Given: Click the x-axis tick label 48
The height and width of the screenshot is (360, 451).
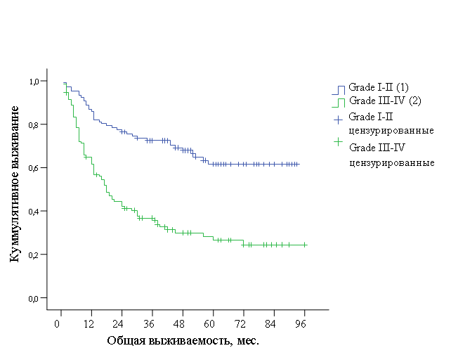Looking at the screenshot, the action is [178, 324].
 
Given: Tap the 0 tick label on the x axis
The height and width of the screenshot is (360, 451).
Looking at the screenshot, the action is [57, 324].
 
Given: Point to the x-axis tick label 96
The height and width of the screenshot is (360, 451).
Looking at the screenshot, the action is [300, 324].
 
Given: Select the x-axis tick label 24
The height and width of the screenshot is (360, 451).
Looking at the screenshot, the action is [118, 324].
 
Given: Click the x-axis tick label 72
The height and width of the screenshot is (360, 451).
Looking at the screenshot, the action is [240, 324].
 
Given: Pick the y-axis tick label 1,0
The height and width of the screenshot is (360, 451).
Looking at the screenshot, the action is [34, 82].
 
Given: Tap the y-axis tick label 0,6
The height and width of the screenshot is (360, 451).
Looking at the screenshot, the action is [33, 168].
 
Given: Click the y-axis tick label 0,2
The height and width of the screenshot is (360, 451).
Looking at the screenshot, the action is [33, 255].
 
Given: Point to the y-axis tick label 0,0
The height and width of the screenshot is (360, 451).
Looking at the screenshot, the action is [33, 299].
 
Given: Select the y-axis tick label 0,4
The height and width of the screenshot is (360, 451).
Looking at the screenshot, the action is [33, 212].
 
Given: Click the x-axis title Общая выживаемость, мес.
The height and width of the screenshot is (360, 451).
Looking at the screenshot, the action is [183, 341].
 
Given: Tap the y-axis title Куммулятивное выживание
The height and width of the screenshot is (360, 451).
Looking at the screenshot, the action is [14, 184].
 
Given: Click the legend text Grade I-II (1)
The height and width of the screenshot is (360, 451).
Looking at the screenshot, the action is [379, 87].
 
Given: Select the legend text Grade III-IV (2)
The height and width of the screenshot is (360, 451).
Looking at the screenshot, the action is [385, 101].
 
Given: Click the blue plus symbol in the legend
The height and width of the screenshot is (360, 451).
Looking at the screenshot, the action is [339, 120].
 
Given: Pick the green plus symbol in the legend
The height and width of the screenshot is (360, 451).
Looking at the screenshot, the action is [339, 142].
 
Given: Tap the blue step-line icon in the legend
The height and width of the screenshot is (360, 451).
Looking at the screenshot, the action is [339, 90].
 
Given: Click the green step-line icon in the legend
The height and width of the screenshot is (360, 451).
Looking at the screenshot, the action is [339, 103].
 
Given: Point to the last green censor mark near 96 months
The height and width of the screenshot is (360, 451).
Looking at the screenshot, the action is [305, 245].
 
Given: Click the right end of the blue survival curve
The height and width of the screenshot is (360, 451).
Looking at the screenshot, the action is [299, 164].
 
